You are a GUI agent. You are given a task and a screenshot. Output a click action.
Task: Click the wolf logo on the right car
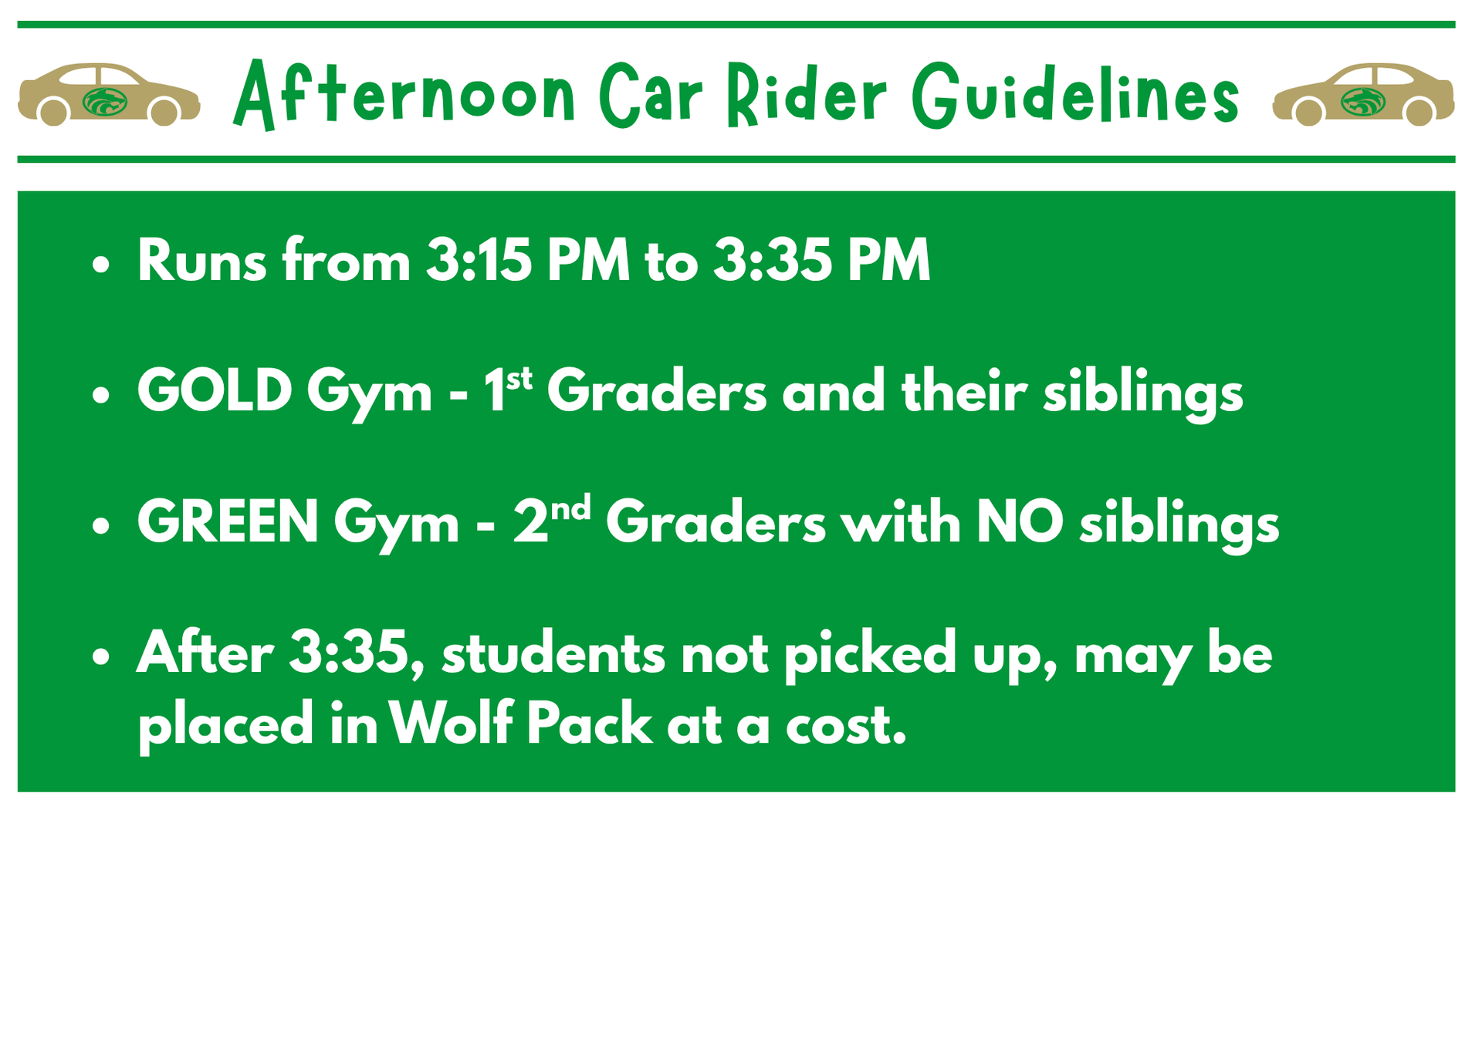pyautogui.click(x=1363, y=101)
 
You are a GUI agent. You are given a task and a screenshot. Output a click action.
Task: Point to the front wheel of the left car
pyautogui.click(x=164, y=113)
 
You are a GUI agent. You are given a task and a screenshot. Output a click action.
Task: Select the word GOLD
pyautogui.click(x=215, y=390)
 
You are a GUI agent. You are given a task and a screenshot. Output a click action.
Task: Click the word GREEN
pyautogui.click(x=228, y=521)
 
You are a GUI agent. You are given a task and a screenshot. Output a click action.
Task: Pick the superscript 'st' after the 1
pyautogui.click(x=519, y=379)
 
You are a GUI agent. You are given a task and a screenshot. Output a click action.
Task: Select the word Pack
pyautogui.click(x=589, y=724)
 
